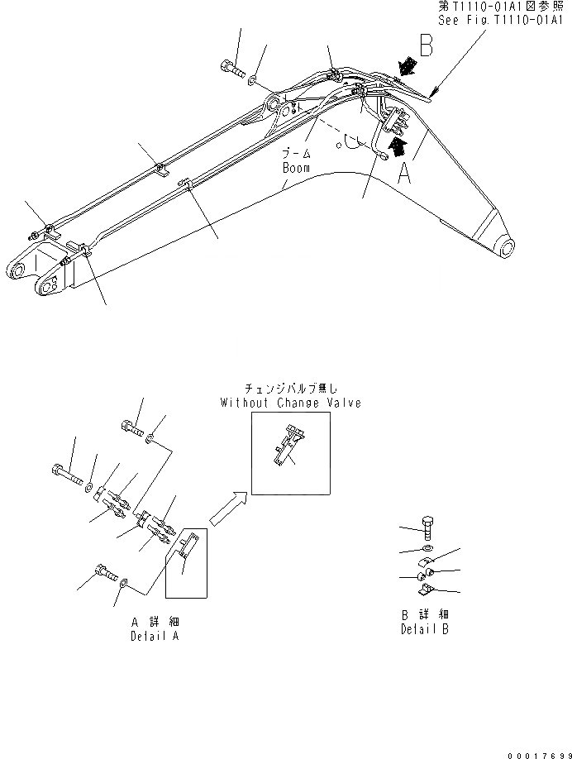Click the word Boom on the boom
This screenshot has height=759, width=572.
[x=295, y=167]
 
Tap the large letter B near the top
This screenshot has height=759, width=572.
[x=427, y=45]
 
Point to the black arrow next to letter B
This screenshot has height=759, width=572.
[x=404, y=64]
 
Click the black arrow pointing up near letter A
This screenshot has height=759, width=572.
[x=398, y=146]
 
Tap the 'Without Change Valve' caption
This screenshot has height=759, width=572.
[x=290, y=403]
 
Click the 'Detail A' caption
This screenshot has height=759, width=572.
[x=154, y=636]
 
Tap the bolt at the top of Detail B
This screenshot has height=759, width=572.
[x=427, y=527]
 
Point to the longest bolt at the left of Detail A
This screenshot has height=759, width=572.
[x=68, y=475]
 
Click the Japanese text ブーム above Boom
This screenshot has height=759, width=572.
[x=295, y=155]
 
